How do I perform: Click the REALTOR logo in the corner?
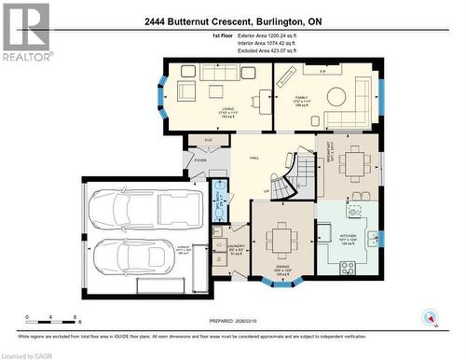(26, 31)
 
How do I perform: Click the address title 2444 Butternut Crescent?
(232, 21)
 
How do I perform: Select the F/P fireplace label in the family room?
(322, 70)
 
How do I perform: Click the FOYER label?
(199, 160)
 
